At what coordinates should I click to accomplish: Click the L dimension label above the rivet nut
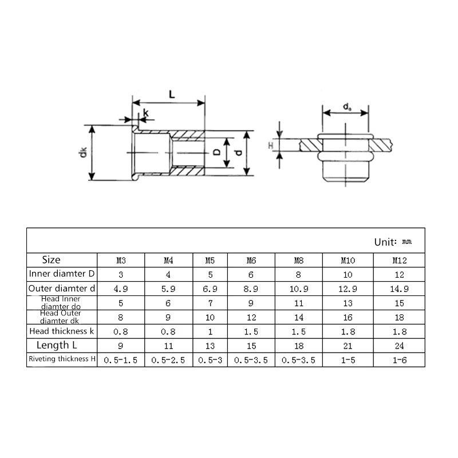172,94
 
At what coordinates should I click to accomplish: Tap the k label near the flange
146,113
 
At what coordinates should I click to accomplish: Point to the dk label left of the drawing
83,152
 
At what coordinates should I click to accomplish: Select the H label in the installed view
271,145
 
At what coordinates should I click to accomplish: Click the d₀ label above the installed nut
347,107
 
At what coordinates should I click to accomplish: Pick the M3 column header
121,260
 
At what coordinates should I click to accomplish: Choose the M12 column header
399,260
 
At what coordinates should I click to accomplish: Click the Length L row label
57,345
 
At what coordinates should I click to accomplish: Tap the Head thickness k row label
62,331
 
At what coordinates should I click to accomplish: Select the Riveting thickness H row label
62,359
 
